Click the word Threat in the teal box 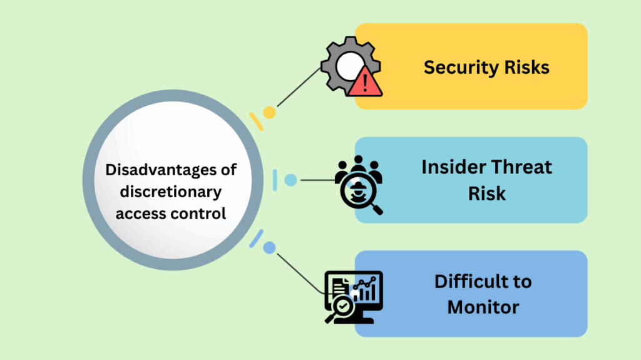coord(522,167)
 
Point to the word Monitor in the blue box coord(483,307)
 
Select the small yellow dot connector coord(269,113)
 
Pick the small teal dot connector coord(290,180)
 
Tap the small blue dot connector coord(269,248)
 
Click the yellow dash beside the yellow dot coord(256,121)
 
